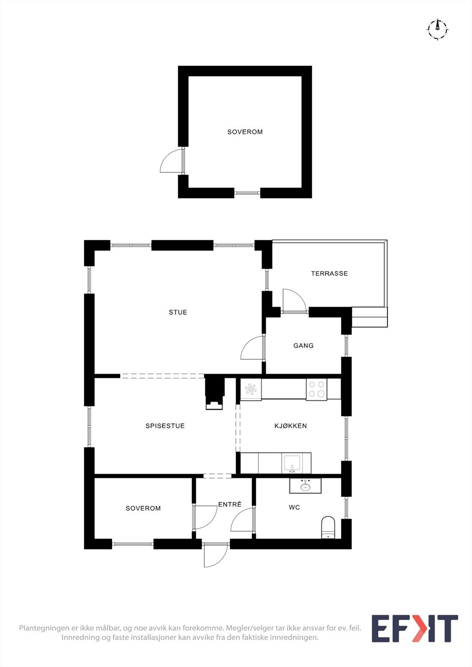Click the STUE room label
click(178, 312)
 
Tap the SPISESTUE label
click(165, 426)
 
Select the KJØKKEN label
click(290, 426)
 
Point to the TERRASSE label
click(329, 273)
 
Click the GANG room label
click(303, 346)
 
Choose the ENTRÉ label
click(230, 504)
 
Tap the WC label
click(294, 507)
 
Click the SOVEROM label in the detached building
click(245, 132)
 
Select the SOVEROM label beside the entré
click(143, 508)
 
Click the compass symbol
click(437, 29)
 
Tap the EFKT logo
click(414, 628)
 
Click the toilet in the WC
click(328, 528)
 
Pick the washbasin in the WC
click(305, 486)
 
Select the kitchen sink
click(293, 464)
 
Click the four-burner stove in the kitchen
click(316, 389)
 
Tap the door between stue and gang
click(253, 349)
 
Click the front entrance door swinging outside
click(215, 554)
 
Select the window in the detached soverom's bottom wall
click(247, 193)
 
